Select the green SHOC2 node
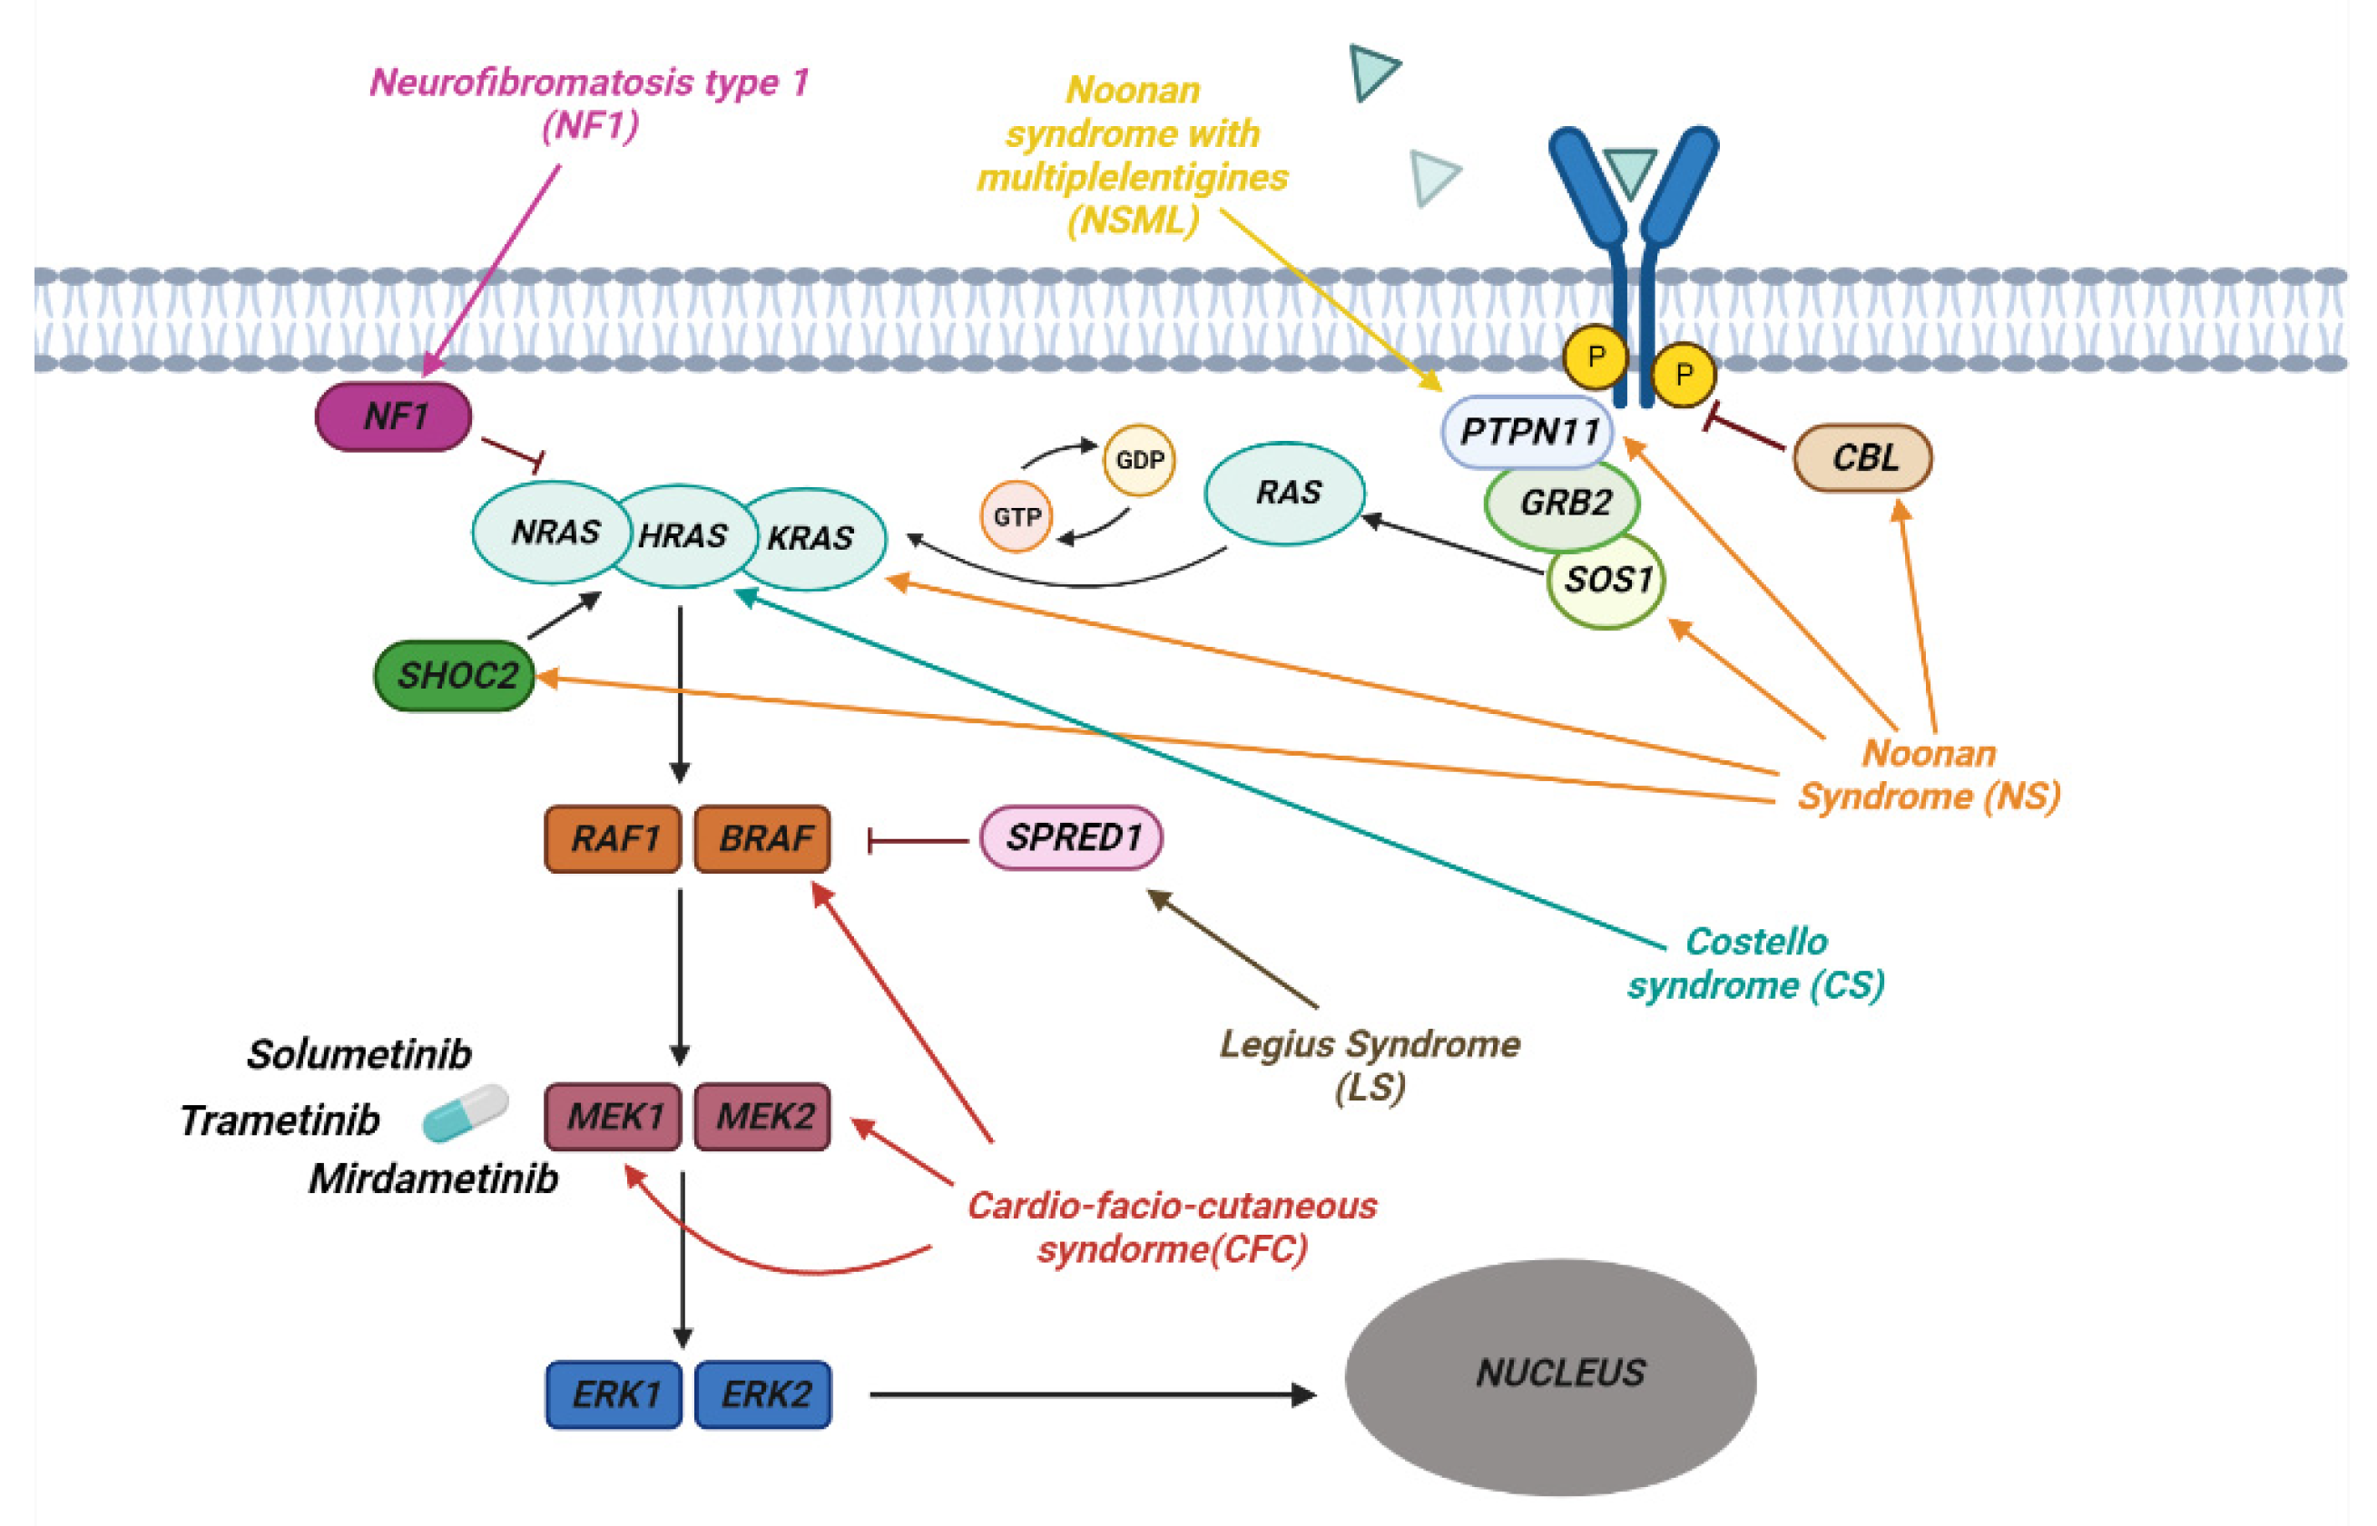[x=454, y=676]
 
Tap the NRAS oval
[x=551, y=533]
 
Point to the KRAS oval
[x=818, y=538]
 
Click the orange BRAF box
[x=762, y=838]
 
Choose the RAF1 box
[x=613, y=838]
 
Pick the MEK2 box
[x=762, y=1117]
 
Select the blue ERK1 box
[x=614, y=1394]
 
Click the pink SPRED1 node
[x=1072, y=837]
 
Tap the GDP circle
[x=1139, y=460]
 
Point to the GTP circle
[x=1016, y=516]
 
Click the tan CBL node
[x=1862, y=458]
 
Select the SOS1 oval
[x=1606, y=581]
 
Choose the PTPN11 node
[x=1527, y=432]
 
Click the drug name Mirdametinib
[x=433, y=1179]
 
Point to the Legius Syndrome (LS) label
[x=1369, y=1065]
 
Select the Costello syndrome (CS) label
[x=1755, y=964]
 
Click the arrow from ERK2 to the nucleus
[x=1090, y=1395]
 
